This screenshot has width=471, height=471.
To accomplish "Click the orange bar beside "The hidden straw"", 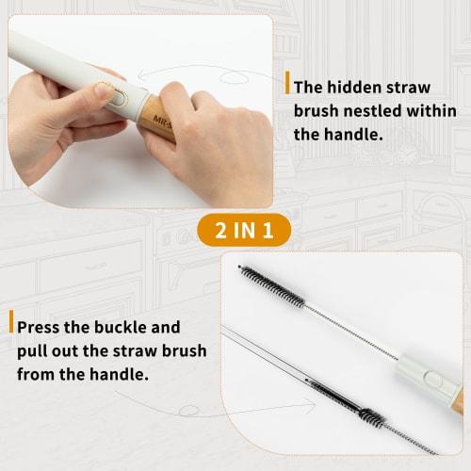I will click(286, 82).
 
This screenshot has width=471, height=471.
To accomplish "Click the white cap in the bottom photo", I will click(428, 372).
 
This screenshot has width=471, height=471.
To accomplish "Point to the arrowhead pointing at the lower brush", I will click(311, 406).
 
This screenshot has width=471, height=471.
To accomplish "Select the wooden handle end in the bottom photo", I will click(457, 400).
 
